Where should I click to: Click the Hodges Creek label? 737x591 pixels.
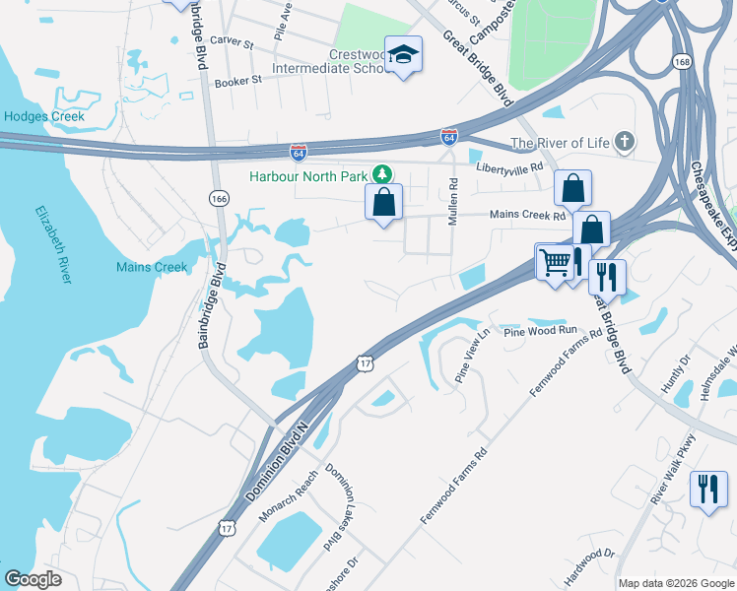pos(43,116)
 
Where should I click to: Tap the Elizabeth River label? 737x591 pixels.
pos(53,244)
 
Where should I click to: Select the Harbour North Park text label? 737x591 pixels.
pos(306,176)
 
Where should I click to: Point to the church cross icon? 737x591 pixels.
pos(623,142)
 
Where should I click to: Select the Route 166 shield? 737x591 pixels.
pos(219,199)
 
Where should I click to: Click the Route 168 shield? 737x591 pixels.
pos(682,61)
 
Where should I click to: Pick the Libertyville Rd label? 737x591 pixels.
pos(509,167)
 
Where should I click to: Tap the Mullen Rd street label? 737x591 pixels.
pos(453,201)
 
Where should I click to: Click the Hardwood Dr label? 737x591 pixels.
pos(591,566)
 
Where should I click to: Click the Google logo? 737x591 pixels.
pos(33,579)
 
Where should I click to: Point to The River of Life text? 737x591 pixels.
pos(559,142)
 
